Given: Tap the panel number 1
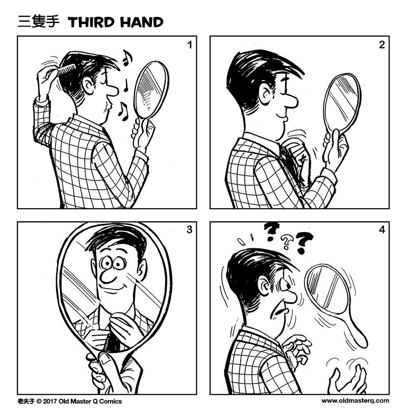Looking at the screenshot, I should tap(189, 45).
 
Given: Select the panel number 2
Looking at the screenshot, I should tap(381, 45).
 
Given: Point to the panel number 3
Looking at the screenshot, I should tap(189, 230).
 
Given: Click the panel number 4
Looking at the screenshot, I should tap(381, 230).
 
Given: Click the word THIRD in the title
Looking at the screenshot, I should tap(91, 22).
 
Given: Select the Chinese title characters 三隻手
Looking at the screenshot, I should tap(39, 22).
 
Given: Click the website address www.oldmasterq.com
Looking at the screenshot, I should tap(355, 401).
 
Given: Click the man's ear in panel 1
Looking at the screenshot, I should tap(89, 85).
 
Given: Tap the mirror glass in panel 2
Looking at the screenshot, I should tap(341, 101).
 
